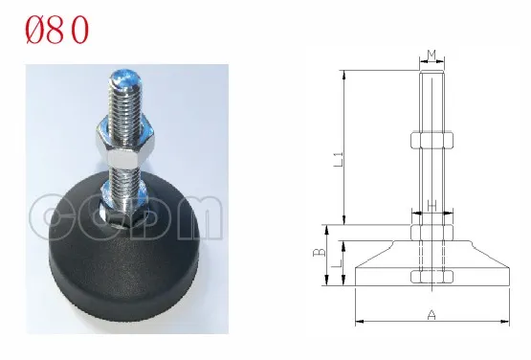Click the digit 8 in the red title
pyautogui.click(x=60, y=31)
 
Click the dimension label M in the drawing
pyautogui.click(x=431, y=55)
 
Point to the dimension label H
pyautogui.click(x=431, y=205)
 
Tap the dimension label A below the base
pyautogui.click(x=431, y=314)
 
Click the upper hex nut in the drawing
pyautogui.click(x=431, y=142)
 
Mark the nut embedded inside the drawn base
pyautogui.click(x=431, y=278)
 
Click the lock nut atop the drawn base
pyautogui.click(x=431, y=233)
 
